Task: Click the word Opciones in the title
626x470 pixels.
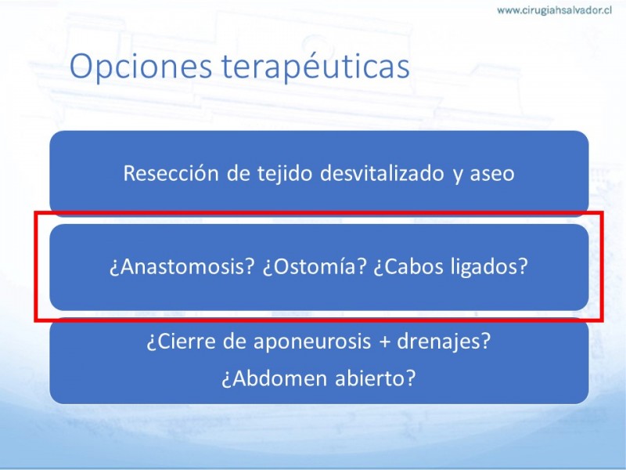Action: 141,67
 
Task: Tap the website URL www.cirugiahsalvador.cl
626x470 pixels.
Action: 554,10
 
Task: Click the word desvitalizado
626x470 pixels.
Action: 382,173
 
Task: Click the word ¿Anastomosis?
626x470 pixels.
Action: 182,266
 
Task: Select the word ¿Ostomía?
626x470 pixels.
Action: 315,266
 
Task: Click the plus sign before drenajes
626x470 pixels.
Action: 384,342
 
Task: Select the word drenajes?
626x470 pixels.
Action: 444,342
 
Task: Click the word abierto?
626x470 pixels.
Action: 376,378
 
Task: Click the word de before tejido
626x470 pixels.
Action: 238,173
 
